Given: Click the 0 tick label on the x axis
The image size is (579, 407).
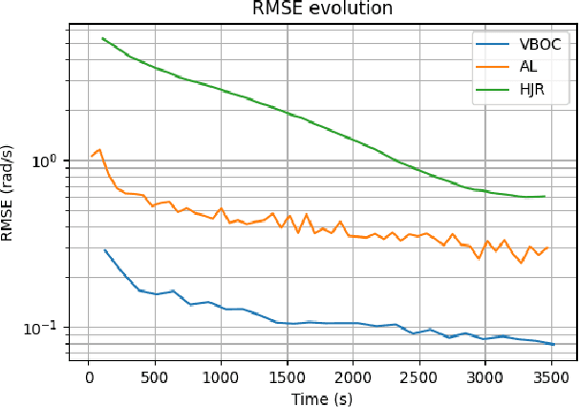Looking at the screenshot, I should click(89, 375).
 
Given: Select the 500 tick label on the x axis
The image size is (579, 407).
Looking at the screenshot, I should click(155, 375).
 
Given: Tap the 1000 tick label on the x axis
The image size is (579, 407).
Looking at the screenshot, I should click(221, 375).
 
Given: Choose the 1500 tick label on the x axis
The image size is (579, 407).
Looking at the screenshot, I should click(287, 375).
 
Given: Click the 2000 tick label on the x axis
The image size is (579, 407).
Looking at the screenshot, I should click(353, 375).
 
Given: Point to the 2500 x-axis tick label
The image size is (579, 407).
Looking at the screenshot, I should click(418, 375).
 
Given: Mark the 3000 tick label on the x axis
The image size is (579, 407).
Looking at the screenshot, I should click(484, 375).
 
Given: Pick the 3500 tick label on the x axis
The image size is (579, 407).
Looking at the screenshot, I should click(550, 375).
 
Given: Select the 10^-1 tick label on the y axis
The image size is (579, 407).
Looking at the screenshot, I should click(45, 328).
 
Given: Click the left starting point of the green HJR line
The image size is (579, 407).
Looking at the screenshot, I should click(102, 38).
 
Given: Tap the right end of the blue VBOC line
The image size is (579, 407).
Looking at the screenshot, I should click(553, 344).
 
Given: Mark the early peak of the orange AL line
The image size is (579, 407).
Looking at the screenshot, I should click(98, 149).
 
